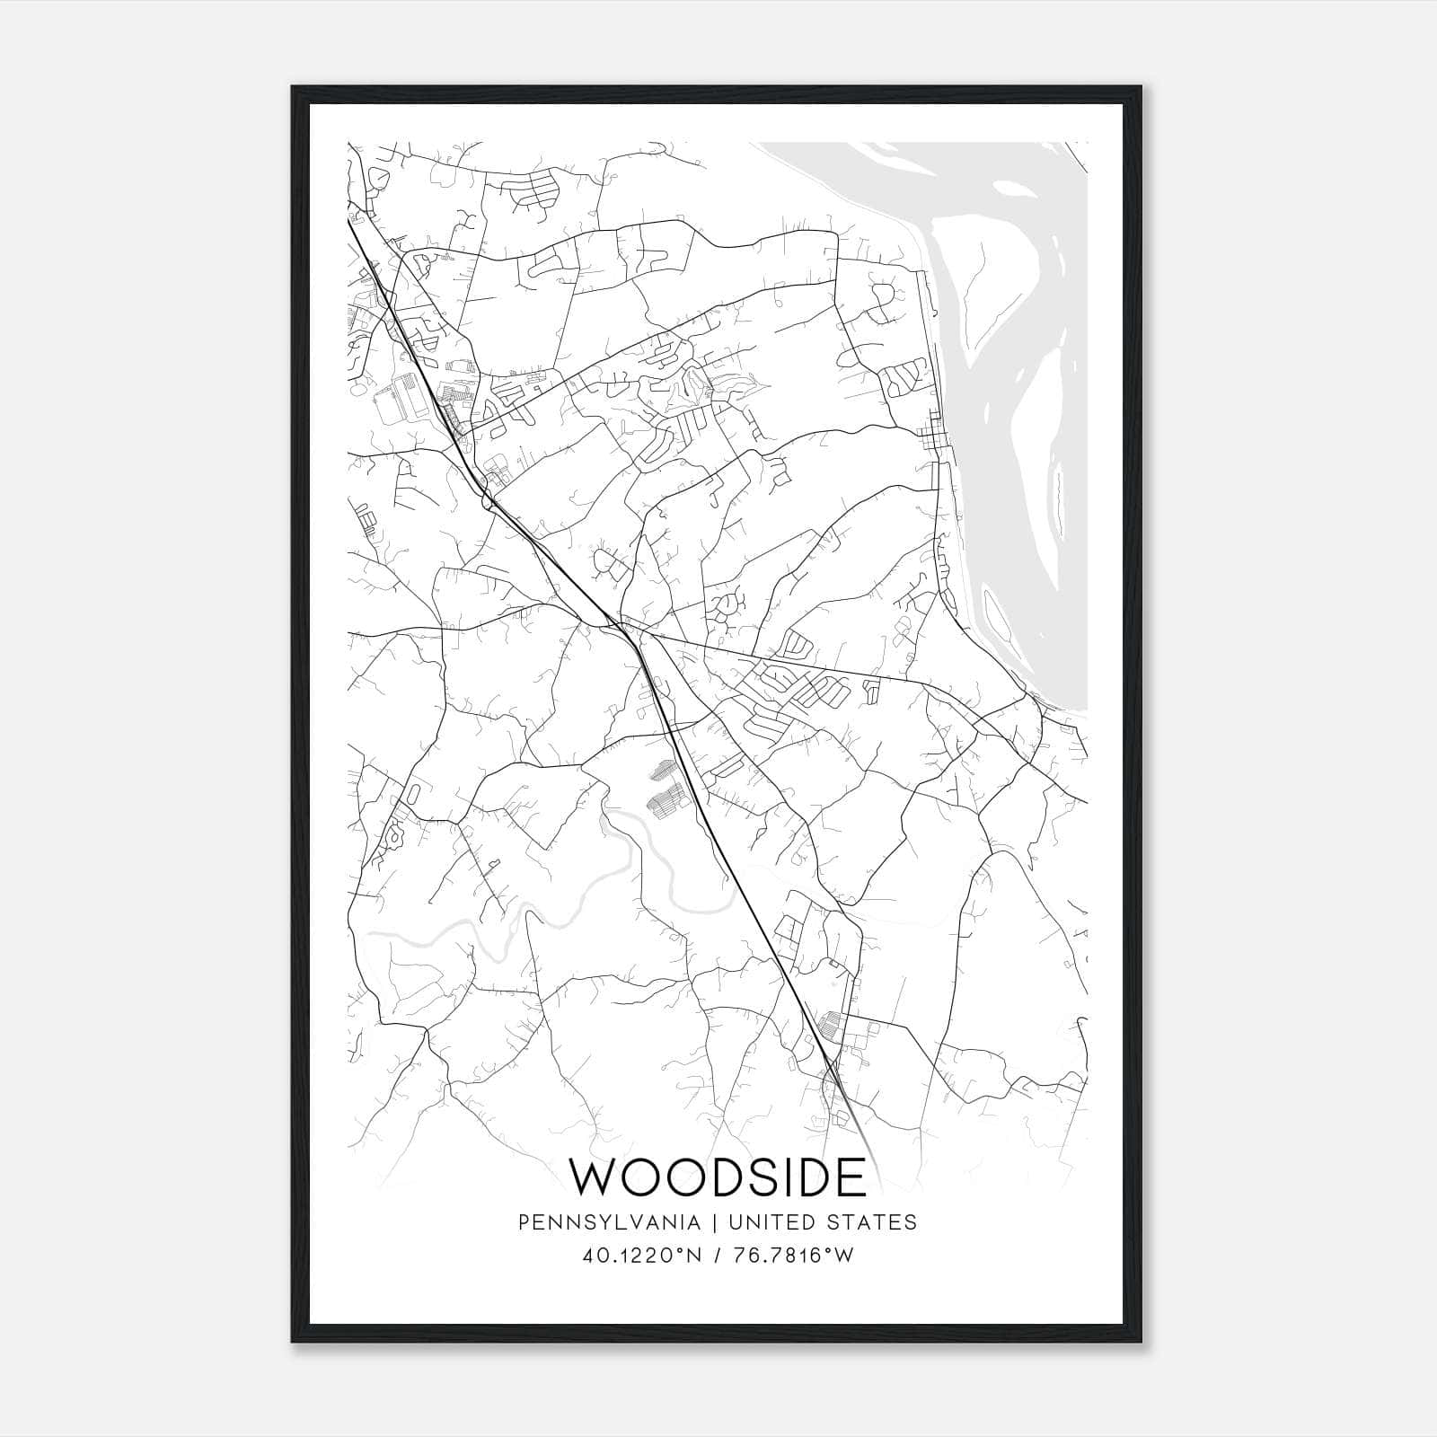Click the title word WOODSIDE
coord(718,1177)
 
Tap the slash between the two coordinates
coord(718,1256)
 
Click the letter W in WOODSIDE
coord(595,1177)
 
